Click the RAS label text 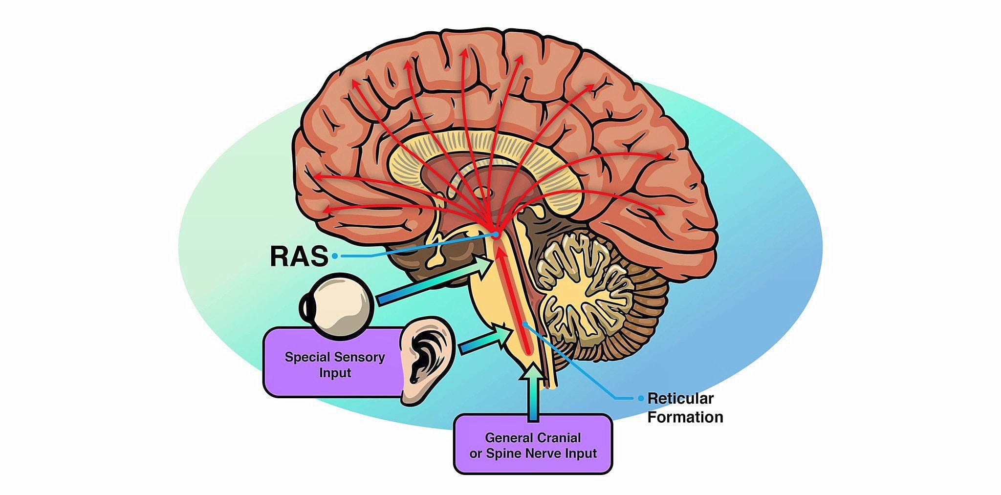(x=298, y=257)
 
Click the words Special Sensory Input (x=335, y=365)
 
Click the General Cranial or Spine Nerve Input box (x=533, y=445)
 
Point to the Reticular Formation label (x=684, y=408)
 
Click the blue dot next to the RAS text (x=334, y=256)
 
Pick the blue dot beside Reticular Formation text (x=641, y=398)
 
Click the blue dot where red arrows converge (x=495, y=235)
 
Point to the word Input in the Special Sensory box (x=335, y=373)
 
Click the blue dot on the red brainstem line (x=524, y=323)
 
